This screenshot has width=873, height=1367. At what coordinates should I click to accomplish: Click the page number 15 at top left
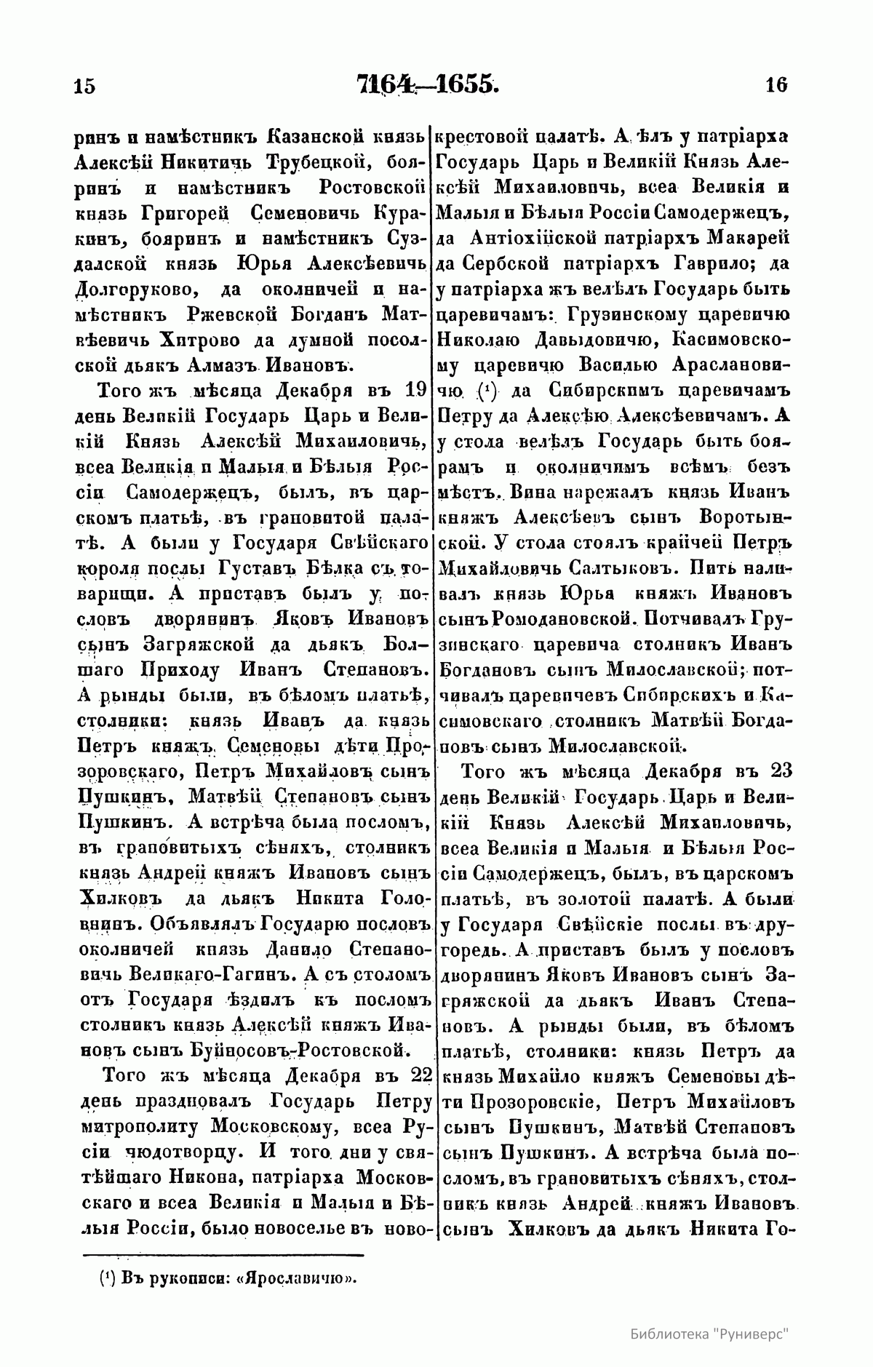pyautogui.click(x=84, y=86)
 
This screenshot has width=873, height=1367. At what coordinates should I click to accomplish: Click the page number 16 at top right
pyautogui.click(x=776, y=85)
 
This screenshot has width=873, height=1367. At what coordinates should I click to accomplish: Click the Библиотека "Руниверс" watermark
pyautogui.click(x=710, y=1334)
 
